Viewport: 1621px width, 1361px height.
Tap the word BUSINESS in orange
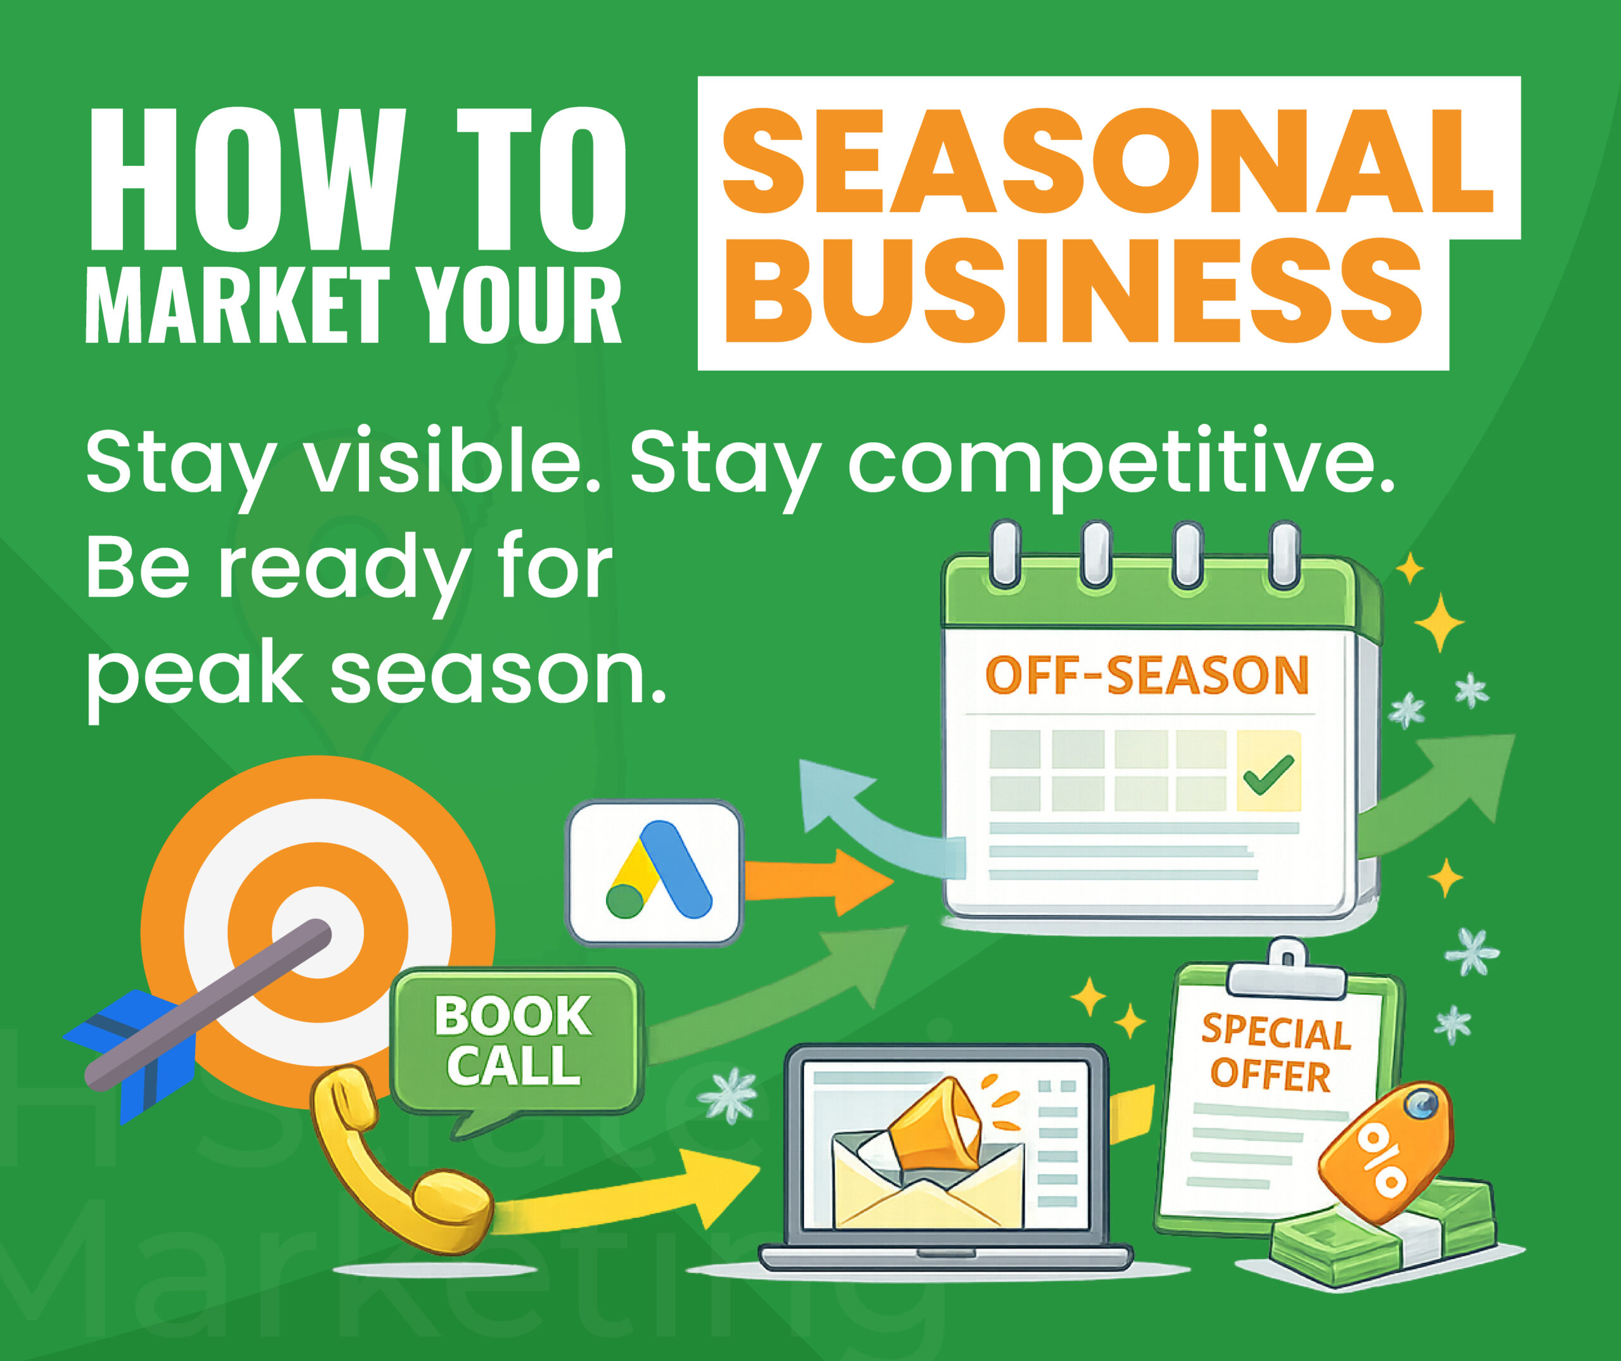[x=1073, y=292]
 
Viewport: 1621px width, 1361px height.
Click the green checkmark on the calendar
[x=1268, y=774]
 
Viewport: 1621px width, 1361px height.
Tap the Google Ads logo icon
[x=655, y=872]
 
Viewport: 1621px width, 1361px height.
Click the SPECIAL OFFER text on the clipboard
[x=1275, y=1053]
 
